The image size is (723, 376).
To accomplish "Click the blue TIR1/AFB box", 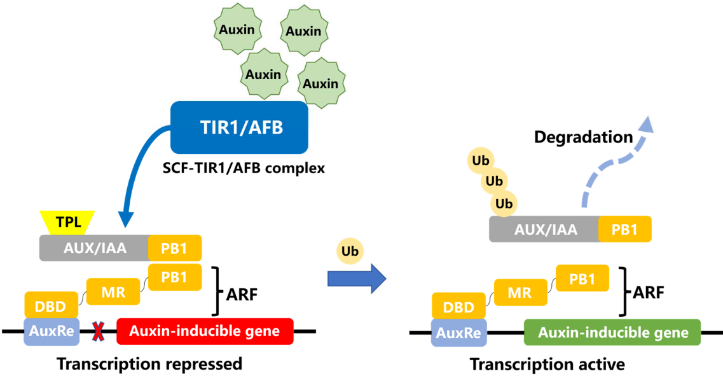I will coord(239,127).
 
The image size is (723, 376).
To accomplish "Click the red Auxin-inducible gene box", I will coord(205,331).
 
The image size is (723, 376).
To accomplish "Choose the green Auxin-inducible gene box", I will coord(612,332).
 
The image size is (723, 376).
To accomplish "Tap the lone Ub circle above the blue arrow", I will coord(350,251).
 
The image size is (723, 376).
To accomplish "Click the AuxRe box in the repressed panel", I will coord(50,331).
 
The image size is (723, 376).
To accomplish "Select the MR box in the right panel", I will coord(519,293).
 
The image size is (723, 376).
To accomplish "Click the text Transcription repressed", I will coord(149,364).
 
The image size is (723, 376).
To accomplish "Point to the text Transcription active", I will coord(547,365).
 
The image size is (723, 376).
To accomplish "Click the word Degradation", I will coord(583,137).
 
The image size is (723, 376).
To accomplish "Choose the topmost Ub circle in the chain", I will coord(480,158).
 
